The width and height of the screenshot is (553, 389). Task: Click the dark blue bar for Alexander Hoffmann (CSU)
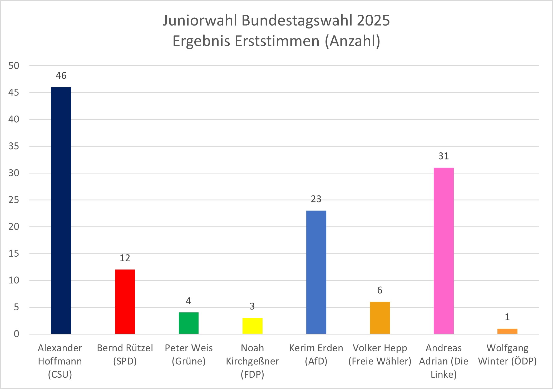(x=61, y=211)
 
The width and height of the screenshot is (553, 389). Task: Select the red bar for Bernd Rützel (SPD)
(x=125, y=302)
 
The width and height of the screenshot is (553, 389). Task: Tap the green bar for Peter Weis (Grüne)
(x=189, y=323)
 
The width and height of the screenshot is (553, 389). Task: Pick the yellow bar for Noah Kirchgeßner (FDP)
(x=252, y=326)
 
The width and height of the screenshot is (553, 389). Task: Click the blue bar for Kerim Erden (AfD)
(x=316, y=272)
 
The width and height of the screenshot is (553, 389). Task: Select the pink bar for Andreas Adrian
(x=443, y=251)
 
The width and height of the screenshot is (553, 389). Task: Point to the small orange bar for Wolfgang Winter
(x=507, y=331)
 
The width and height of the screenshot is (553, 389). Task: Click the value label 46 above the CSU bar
(x=61, y=76)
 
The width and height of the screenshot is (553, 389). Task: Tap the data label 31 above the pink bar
(x=443, y=156)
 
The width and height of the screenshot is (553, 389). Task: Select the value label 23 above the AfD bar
(x=316, y=199)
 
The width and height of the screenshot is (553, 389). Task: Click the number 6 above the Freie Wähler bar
(x=380, y=290)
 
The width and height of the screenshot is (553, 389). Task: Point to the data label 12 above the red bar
(x=125, y=258)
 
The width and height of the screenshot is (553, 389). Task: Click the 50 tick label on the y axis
(x=14, y=66)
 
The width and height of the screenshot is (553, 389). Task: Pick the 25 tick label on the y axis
(x=14, y=200)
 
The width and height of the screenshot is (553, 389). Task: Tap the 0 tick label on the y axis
(x=17, y=334)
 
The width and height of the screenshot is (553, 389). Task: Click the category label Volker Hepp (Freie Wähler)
(x=380, y=355)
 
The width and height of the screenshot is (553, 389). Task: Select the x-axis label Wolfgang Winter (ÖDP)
(x=507, y=355)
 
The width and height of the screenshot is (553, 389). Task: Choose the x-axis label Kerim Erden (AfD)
(x=316, y=355)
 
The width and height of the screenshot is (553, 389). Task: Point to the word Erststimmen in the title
(x=277, y=41)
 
